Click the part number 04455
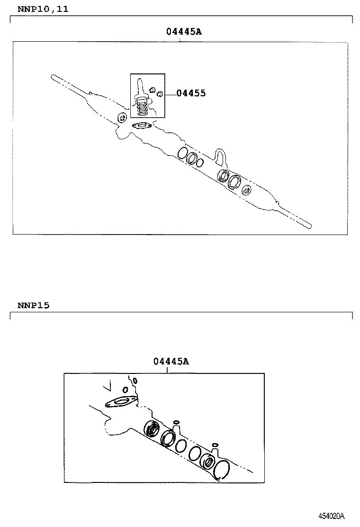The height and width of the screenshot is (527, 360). pyautogui.click(x=191, y=93)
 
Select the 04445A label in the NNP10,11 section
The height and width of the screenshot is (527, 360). pyautogui.click(x=184, y=32)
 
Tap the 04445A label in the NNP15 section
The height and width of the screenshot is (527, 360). pyautogui.click(x=171, y=362)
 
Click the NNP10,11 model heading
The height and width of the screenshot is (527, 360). pyautogui.click(x=43, y=9)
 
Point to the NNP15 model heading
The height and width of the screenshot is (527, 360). pyautogui.click(x=33, y=305)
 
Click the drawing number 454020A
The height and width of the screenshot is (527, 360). pyautogui.click(x=331, y=516)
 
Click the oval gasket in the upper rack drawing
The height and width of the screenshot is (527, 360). pyautogui.click(x=142, y=126)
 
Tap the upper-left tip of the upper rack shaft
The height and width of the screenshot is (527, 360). pyautogui.click(x=54, y=77)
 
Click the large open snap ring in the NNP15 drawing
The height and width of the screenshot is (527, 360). pyautogui.click(x=221, y=472)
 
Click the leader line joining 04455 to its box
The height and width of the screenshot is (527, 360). pyautogui.click(x=171, y=93)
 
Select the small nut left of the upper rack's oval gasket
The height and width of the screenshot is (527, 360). pyautogui.click(x=122, y=118)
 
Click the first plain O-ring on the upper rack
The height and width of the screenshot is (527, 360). pyautogui.click(x=181, y=153)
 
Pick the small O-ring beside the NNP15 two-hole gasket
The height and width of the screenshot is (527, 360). pyautogui.click(x=126, y=390)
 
